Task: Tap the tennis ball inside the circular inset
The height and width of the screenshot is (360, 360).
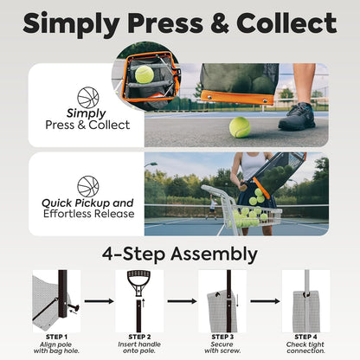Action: (144, 75)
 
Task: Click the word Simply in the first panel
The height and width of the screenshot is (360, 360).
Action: (87, 113)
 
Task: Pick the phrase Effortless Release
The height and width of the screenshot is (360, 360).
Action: (88, 214)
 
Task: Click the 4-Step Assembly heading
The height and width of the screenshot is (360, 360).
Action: (179, 254)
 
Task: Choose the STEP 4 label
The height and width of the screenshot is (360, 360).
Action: (305, 337)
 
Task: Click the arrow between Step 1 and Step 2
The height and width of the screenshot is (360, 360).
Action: (96, 302)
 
